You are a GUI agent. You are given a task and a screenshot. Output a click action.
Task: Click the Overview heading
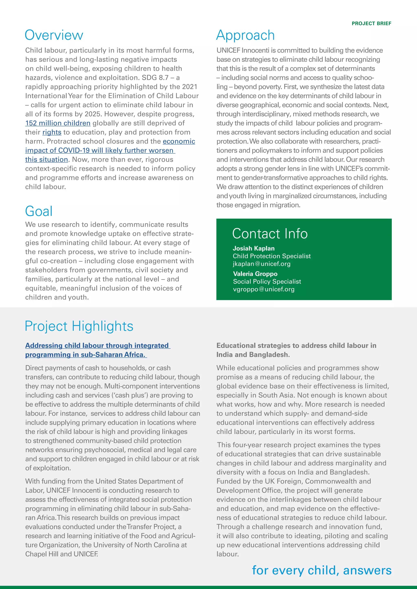click(54, 35)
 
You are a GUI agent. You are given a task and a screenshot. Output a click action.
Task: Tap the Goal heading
click(39, 211)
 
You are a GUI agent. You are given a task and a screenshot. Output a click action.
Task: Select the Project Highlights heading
click(79, 326)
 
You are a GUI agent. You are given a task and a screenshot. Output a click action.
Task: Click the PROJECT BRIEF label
click(371, 23)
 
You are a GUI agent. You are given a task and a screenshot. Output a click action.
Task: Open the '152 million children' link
click(58, 123)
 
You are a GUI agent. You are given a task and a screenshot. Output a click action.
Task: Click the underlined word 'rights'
click(52, 132)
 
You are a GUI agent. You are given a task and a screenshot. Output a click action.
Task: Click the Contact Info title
click(270, 233)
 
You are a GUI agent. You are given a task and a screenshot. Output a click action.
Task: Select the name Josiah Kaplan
click(253, 248)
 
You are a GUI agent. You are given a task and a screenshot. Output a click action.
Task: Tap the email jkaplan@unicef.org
click(261, 264)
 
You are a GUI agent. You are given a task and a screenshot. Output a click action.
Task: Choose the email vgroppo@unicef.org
click(263, 289)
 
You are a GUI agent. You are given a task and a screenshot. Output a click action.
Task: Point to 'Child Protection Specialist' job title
click(271, 256)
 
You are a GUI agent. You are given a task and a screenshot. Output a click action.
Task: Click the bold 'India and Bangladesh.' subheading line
click(253, 354)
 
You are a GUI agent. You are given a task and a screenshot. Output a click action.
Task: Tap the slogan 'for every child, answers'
click(322, 570)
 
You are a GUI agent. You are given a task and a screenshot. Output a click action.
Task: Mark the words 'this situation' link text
click(46, 160)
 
